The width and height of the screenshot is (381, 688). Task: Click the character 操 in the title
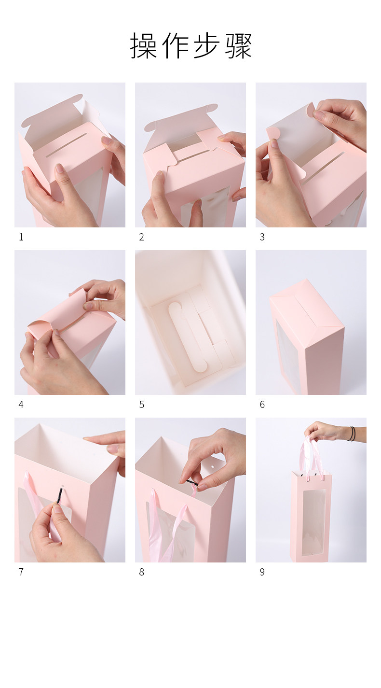pos(143,45)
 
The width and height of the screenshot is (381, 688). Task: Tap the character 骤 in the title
pos(238,45)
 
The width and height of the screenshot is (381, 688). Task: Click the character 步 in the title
pos(206,45)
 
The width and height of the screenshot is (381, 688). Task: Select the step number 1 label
pos(21,237)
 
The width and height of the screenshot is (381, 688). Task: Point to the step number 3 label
pos(262,237)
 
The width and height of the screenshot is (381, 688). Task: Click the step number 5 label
pos(141,405)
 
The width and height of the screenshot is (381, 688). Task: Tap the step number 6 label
pos(262,405)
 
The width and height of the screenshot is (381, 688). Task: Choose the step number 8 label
pos(141,572)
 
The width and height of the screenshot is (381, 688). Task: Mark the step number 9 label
pos(262,572)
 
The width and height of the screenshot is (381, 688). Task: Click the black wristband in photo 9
pos(353,434)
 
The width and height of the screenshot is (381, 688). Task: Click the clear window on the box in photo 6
pos(288,356)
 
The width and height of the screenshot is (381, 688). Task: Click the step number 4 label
pos(21,405)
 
